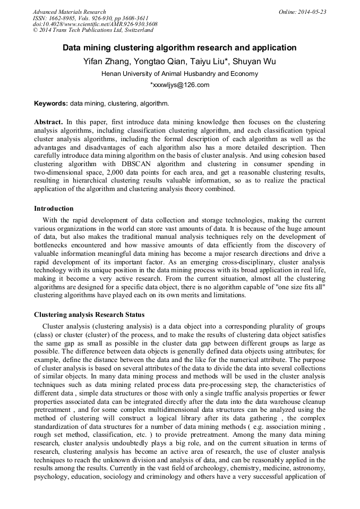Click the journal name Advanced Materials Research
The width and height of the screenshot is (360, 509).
click(x=70, y=12)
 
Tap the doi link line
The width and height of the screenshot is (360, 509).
click(x=95, y=24)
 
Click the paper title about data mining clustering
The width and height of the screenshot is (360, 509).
click(x=179, y=48)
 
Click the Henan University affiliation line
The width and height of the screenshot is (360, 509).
click(x=179, y=74)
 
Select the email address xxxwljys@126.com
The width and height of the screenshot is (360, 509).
click(x=179, y=85)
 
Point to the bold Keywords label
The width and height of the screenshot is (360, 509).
click(x=50, y=103)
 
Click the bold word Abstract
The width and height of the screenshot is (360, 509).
click(x=48, y=122)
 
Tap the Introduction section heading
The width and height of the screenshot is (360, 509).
click(x=54, y=208)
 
